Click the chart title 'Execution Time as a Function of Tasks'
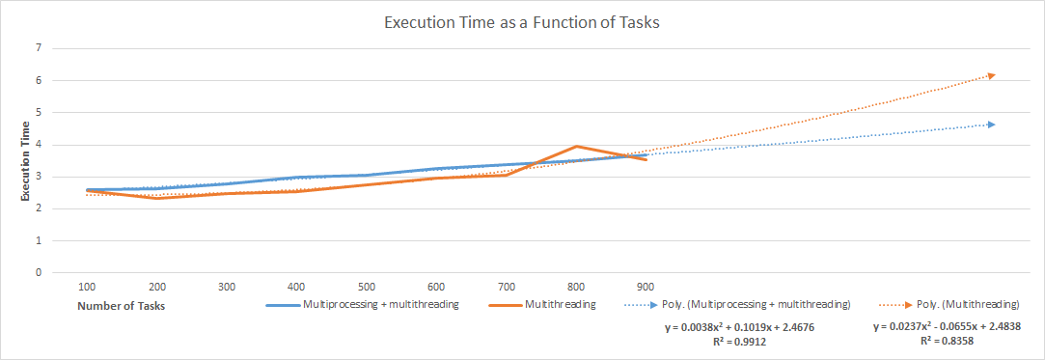tap(522, 23)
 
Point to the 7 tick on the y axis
tap(39, 47)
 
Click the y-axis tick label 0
tap(39, 272)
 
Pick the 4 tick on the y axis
tap(39, 145)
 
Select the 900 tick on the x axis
tap(646, 287)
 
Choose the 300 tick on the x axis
tap(227, 287)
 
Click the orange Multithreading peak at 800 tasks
tap(576, 147)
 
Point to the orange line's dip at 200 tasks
tap(155, 198)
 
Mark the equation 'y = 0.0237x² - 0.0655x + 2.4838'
tap(947, 327)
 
